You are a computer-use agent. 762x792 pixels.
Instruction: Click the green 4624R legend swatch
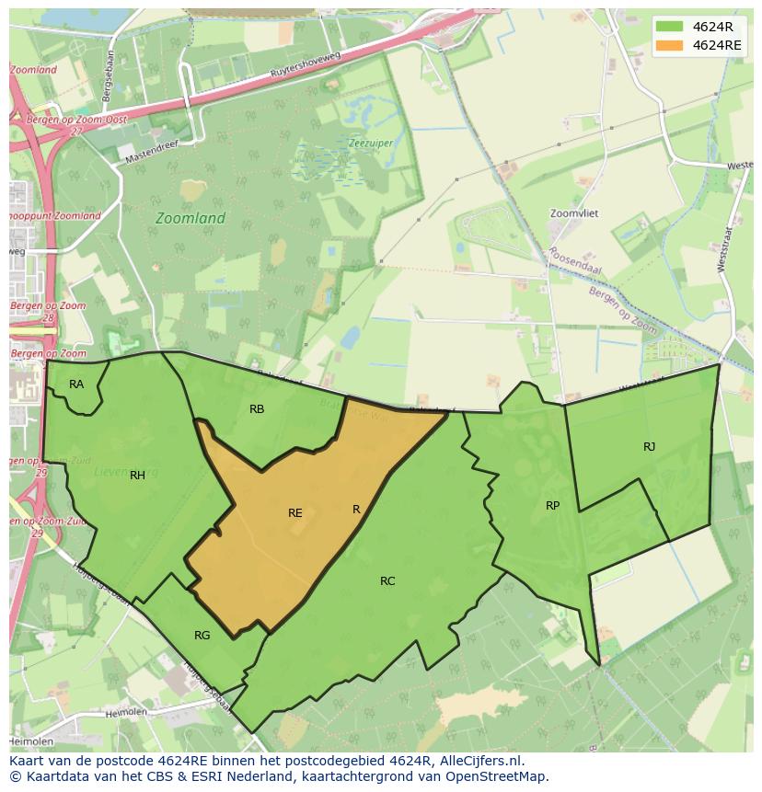pos(670,26)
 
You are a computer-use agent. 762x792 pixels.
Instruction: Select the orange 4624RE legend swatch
pos(670,45)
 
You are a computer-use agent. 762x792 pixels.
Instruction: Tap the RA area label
pos(76,384)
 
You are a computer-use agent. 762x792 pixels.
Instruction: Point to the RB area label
pos(257,408)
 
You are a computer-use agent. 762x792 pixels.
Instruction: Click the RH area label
pos(137,475)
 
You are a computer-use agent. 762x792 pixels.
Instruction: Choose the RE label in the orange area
pos(294,512)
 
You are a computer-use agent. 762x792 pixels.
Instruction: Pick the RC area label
pos(387,580)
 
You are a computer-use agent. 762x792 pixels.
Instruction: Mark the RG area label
pos(202,635)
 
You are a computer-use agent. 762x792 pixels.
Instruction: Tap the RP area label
pos(552,505)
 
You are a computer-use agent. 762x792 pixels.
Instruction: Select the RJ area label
pos(649,446)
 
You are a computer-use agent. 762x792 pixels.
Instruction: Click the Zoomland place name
pos(190,218)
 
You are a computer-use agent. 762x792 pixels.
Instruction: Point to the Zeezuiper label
pos(370,143)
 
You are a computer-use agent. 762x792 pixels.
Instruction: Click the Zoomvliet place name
pos(574,212)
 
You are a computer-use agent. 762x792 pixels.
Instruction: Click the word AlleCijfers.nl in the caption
pos(479,761)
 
